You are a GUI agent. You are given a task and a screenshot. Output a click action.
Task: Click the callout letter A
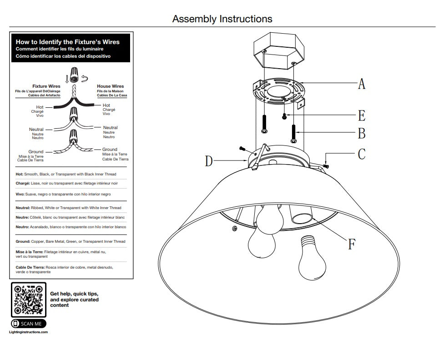(x=362, y=84)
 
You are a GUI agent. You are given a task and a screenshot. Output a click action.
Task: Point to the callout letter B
(x=362, y=134)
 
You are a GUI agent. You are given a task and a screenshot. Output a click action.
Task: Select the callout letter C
(x=362, y=154)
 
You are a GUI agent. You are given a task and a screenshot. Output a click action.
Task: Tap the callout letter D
(x=209, y=161)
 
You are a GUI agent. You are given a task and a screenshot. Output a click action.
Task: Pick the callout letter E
(x=362, y=115)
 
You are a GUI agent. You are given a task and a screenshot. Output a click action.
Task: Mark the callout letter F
(x=352, y=244)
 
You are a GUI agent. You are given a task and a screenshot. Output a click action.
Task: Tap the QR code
(x=28, y=300)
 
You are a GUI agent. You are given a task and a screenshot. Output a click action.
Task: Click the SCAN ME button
(x=28, y=324)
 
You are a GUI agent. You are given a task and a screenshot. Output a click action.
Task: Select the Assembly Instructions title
(x=222, y=19)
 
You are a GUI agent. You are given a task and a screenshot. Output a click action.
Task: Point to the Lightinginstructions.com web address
(x=28, y=332)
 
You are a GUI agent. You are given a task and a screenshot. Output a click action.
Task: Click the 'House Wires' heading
(x=110, y=86)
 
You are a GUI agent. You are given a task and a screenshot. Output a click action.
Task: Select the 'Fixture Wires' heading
(x=46, y=86)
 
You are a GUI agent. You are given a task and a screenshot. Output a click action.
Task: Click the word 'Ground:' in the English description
(x=23, y=241)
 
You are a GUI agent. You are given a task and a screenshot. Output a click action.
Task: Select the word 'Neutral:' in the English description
(x=24, y=208)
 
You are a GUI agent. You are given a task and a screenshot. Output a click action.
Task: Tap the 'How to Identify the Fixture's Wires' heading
(x=68, y=42)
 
